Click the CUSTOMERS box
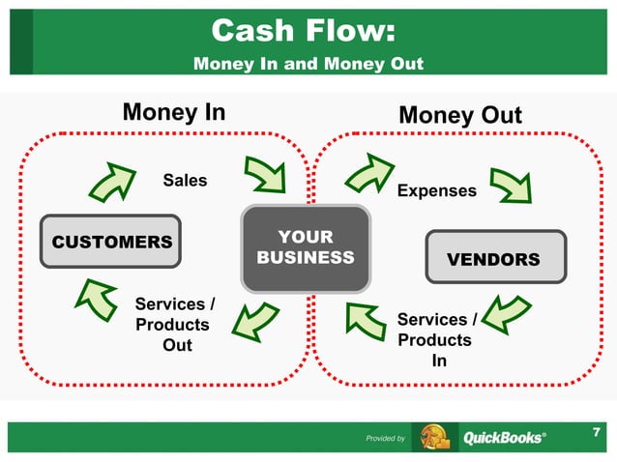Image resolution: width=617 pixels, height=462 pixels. (111, 242)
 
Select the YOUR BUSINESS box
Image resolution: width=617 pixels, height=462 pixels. (306, 248)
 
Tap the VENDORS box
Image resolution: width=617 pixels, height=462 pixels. (493, 259)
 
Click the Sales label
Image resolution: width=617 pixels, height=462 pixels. (185, 180)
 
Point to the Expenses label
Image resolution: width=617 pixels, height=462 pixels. (436, 190)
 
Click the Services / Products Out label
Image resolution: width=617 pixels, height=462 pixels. (173, 325)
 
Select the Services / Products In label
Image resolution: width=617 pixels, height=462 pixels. (437, 339)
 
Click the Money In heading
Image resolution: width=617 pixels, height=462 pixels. (174, 112)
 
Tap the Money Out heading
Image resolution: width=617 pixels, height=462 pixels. (460, 116)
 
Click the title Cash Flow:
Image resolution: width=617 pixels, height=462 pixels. (302, 31)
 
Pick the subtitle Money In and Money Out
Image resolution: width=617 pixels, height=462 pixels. (308, 64)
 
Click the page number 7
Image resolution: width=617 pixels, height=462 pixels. (596, 433)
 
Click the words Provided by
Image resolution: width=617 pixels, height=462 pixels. (385, 439)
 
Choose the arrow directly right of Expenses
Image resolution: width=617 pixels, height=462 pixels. (509, 184)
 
